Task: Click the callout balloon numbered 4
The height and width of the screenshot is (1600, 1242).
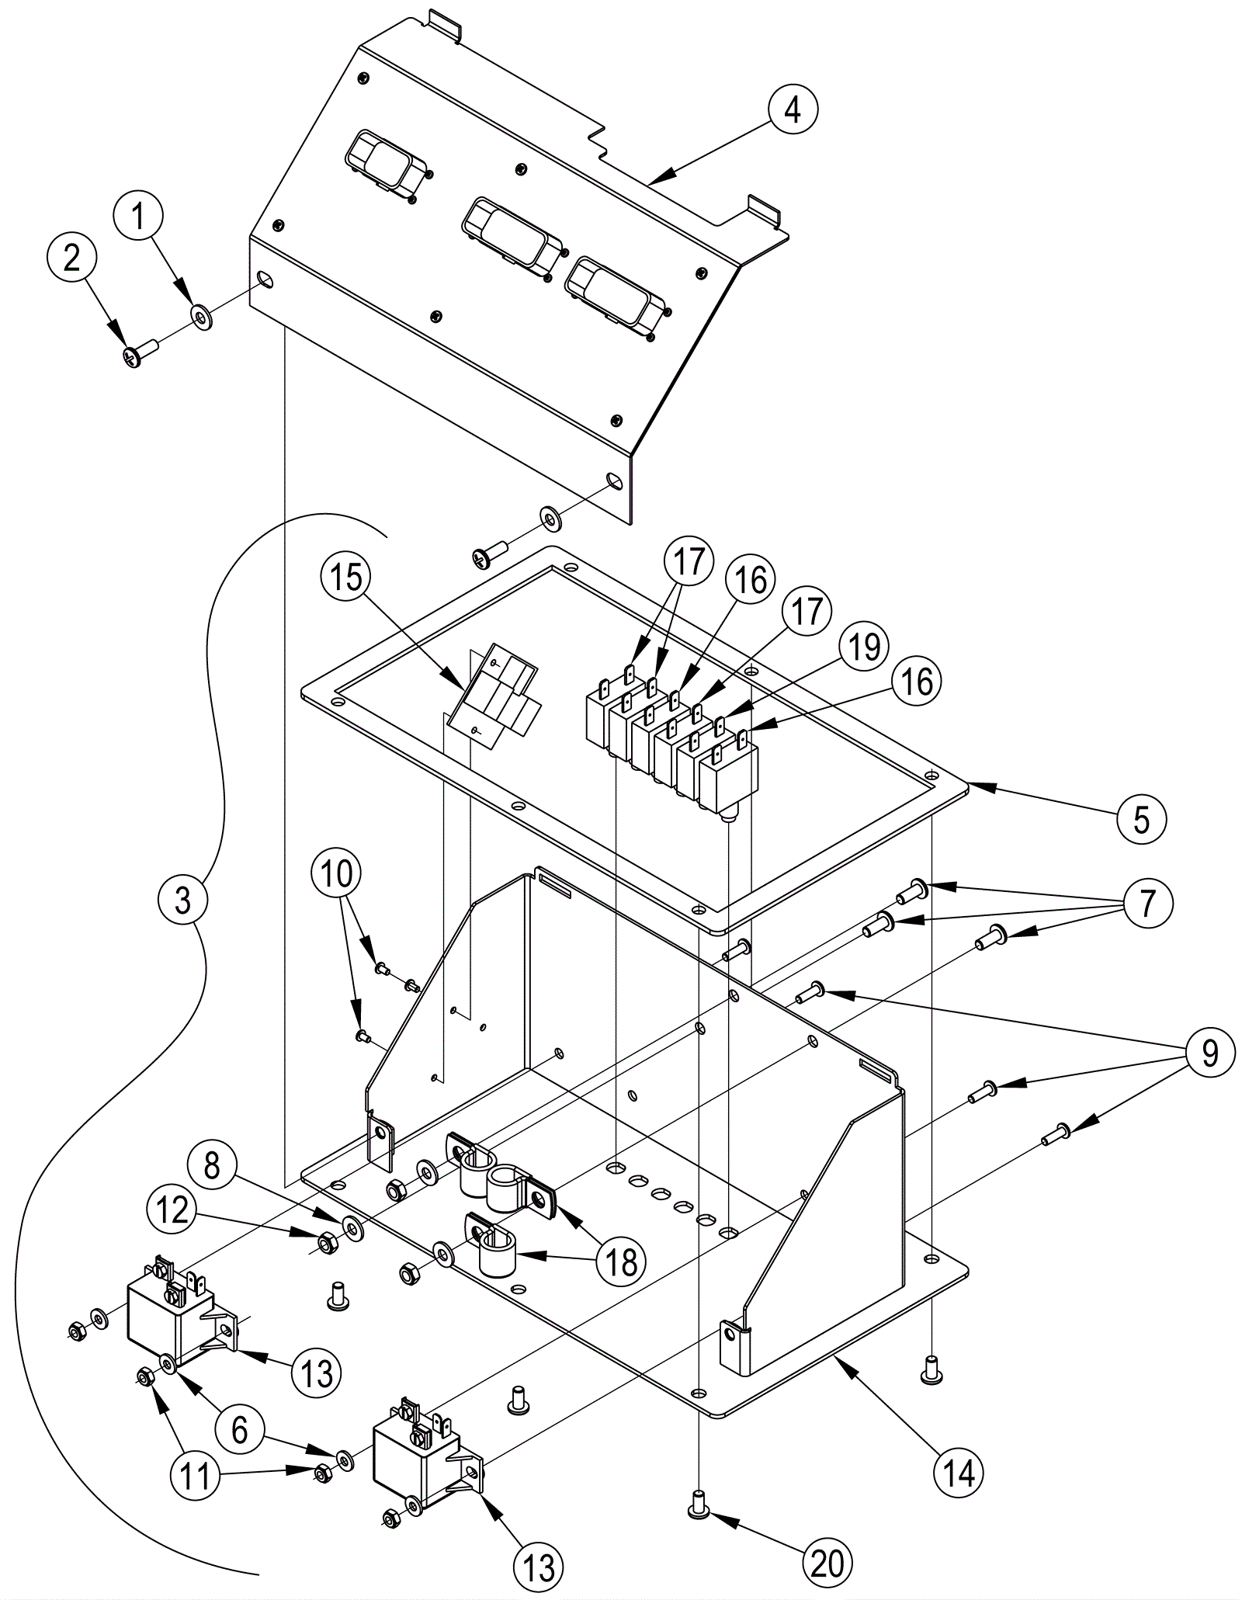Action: point(792,109)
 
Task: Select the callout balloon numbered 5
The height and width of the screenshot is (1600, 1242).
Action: point(1141,818)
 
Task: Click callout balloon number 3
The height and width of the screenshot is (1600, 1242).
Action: point(183,901)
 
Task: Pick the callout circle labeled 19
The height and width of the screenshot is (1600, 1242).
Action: point(863,646)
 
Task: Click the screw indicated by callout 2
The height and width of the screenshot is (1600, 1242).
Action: point(140,350)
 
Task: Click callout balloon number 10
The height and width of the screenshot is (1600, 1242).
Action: point(338,875)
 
